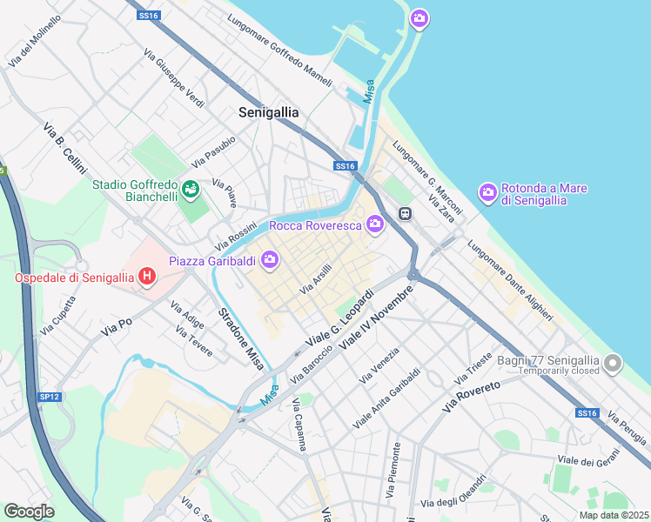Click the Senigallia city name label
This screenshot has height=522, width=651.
point(269,112)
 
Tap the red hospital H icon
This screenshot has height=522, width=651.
point(147,278)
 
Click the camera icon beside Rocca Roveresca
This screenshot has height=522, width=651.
point(375,224)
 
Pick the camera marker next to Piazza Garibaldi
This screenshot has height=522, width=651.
point(270,258)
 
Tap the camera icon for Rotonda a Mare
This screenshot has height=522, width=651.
point(488,191)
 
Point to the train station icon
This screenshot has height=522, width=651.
point(405,213)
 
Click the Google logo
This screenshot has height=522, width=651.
point(29,511)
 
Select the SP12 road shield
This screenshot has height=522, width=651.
point(50,397)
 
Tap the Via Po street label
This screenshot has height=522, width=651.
point(116,327)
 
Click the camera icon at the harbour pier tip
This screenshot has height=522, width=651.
point(419,18)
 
